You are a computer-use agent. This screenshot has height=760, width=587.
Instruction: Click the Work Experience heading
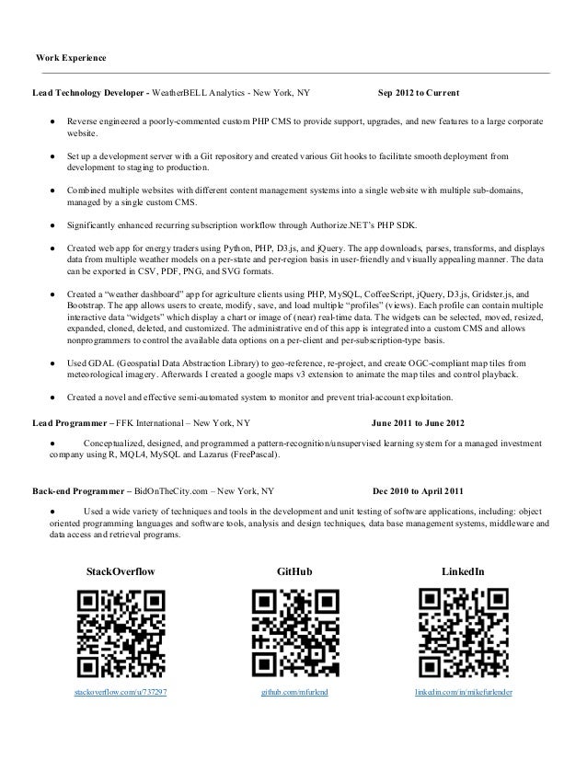[70, 59]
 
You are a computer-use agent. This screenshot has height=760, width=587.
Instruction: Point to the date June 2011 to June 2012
[417, 424]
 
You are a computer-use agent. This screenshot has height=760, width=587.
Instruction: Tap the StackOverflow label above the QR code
[121, 573]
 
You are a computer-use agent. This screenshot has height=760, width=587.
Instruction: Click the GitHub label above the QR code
[294, 573]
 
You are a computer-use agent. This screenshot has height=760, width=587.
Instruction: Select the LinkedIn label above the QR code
[465, 573]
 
